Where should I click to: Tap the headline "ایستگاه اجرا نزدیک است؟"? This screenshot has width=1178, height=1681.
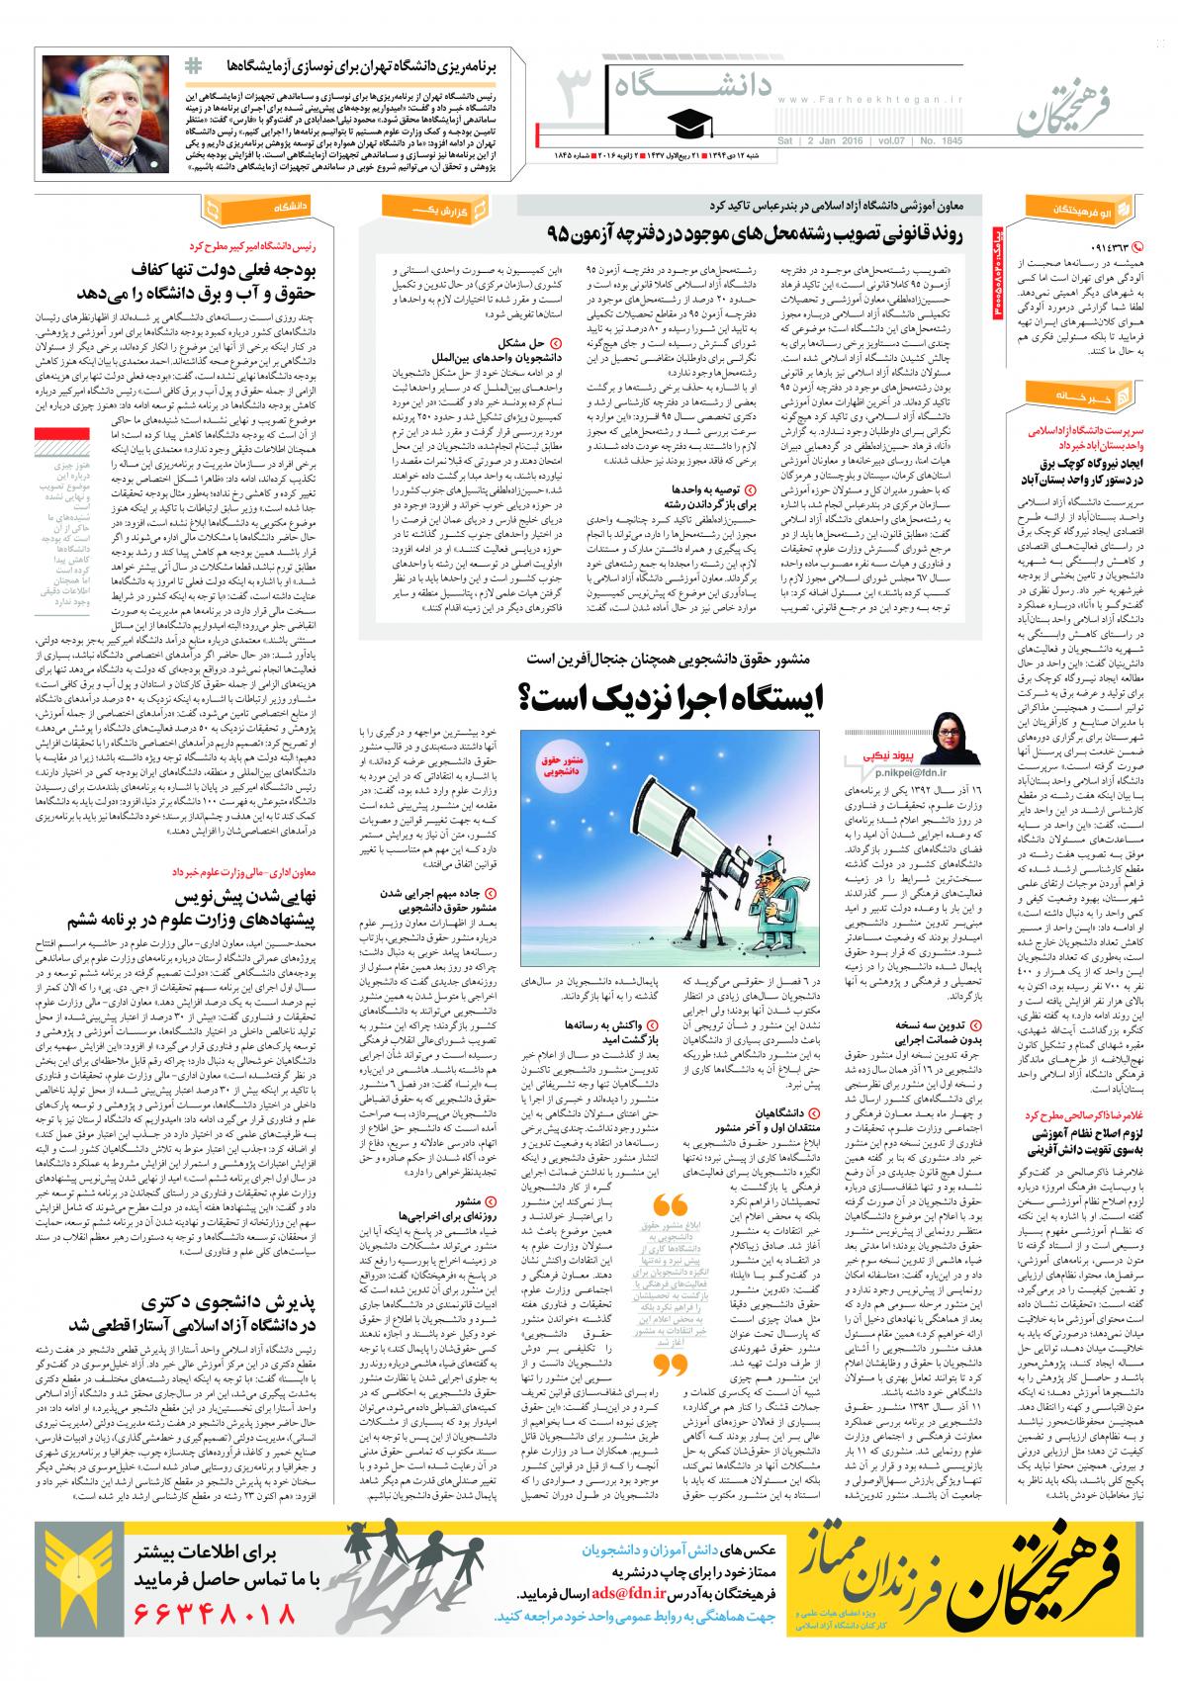click(x=673, y=700)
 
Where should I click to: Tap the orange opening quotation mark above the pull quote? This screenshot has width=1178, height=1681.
click(x=672, y=1207)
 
